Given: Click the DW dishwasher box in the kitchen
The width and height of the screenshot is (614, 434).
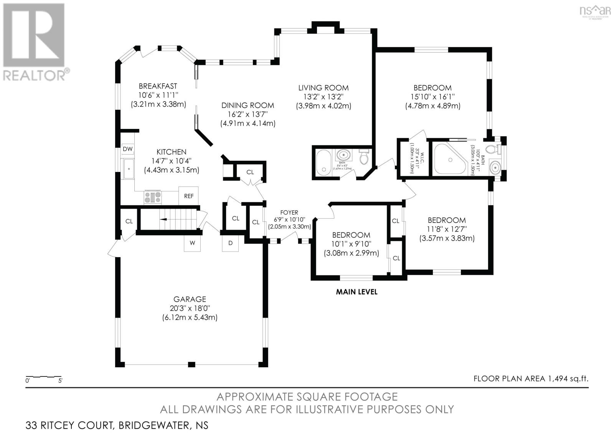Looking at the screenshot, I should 128,149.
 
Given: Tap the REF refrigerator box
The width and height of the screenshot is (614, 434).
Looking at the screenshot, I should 188,196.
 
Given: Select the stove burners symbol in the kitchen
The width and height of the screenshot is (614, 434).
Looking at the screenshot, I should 153,197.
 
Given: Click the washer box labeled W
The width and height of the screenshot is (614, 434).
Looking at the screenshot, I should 192,243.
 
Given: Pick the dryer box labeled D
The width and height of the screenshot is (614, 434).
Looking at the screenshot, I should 230,243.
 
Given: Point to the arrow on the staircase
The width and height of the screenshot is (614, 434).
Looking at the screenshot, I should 163,219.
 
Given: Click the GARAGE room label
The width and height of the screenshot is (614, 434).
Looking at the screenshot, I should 190,299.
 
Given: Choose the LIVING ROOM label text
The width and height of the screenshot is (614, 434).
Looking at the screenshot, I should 324,88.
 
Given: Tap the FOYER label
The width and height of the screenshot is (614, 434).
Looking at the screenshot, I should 289,212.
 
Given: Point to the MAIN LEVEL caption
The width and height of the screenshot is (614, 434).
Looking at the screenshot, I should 357,292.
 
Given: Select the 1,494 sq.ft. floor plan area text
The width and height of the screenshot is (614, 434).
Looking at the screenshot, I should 531,379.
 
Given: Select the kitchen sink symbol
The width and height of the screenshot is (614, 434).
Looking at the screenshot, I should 128,169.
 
